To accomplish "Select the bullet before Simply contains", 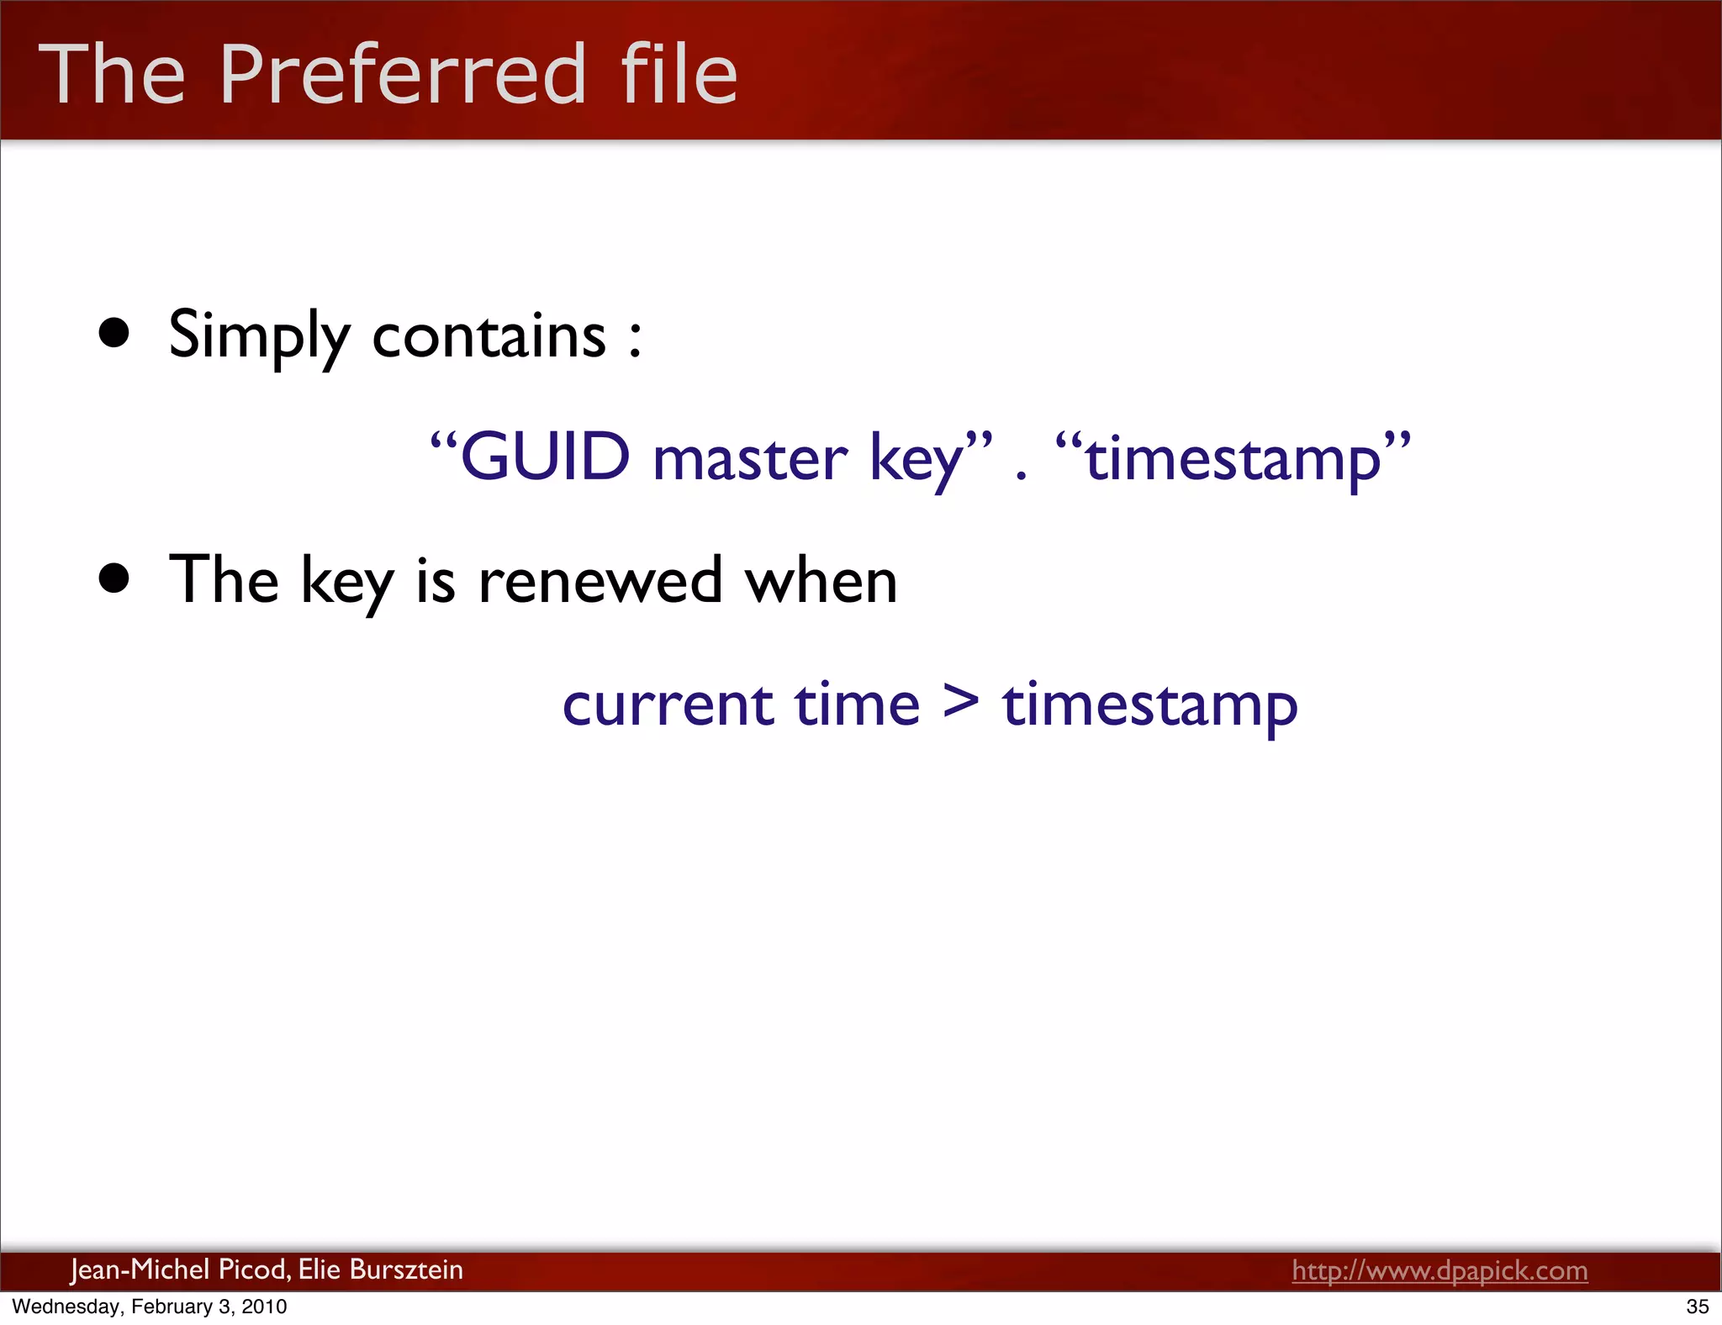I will point(114,333).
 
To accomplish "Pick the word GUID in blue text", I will point(545,457).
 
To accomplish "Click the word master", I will point(750,459).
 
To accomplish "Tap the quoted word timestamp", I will point(1233,459).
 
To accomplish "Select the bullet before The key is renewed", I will point(114,578).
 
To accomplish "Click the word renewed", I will point(600,580).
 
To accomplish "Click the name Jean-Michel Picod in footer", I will point(179,1270).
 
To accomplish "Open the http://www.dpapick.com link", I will point(1439,1270).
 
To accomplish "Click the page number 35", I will point(1698,1307).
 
